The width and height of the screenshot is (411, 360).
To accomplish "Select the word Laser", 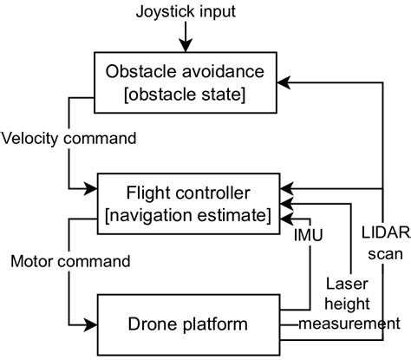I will point(345,282).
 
